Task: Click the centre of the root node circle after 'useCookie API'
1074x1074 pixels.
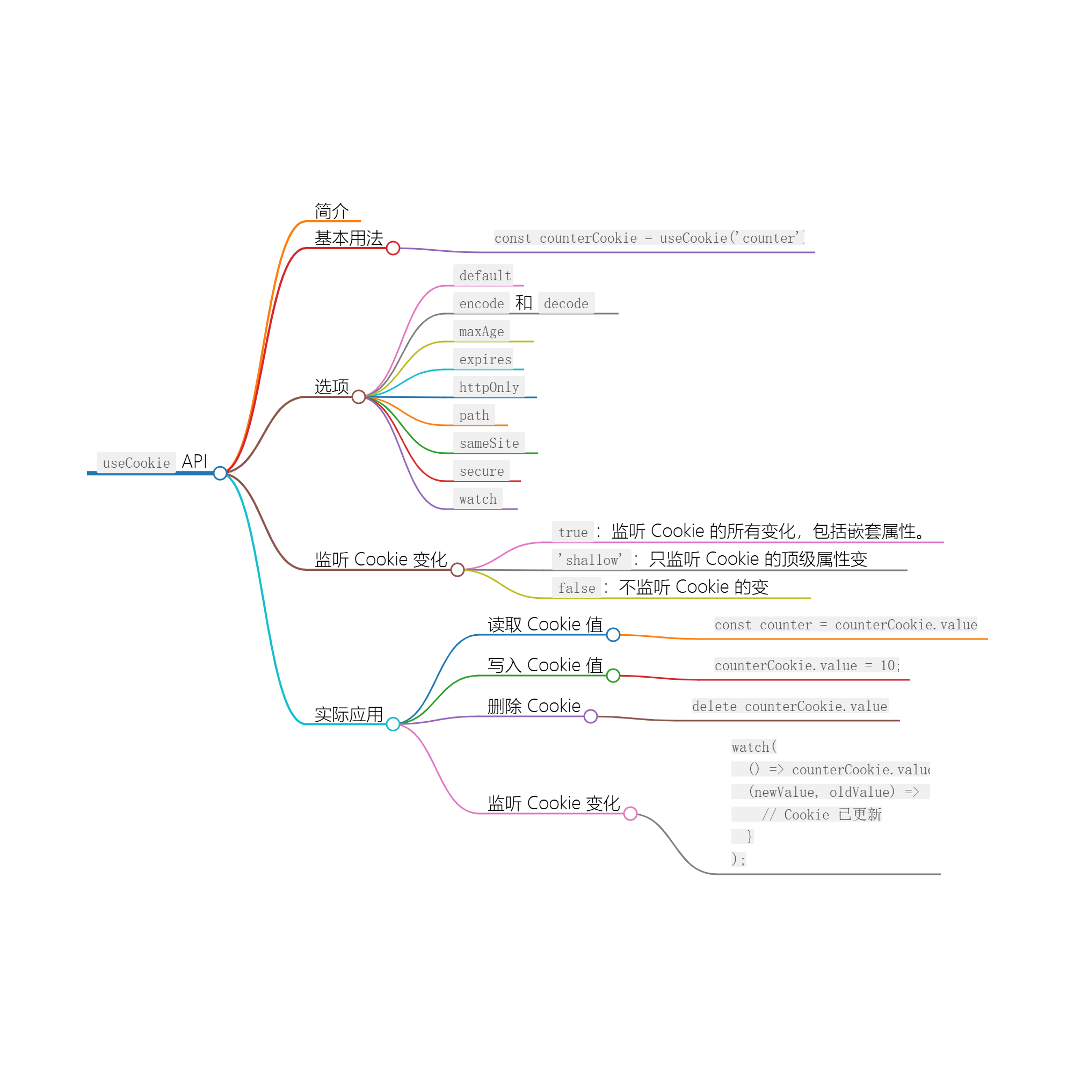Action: pyautogui.click(x=220, y=473)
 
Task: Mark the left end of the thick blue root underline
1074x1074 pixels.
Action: pyautogui.click(x=88, y=473)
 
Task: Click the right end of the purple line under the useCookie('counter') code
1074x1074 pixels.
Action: pyautogui.click(x=815, y=252)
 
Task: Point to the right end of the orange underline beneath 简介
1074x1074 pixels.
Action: pyautogui.click(x=360, y=221)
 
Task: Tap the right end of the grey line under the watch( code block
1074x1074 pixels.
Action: pyautogui.click(x=941, y=874)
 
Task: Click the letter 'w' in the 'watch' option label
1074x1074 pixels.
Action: pyautogui.click(x=463, y=500)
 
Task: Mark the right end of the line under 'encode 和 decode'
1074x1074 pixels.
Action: pyautogui.click(x=618, y=314)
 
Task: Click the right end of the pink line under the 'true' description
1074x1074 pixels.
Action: pyautogui.click(x=944, y=542)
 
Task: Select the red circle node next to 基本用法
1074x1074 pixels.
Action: pyautogui.click(x=393, y=248)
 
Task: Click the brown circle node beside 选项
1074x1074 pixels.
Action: pyautogui.click(x=359, y=397)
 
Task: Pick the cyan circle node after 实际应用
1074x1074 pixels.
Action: pyautogui.click(x=393, y=724)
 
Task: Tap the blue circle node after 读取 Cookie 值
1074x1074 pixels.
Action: pyautogui.click(x=613, y=634)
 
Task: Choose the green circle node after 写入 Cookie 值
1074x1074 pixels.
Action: pyautogui.click(x=613, y=676)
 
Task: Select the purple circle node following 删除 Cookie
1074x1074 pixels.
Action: pyautogui.click(x=591, y=716)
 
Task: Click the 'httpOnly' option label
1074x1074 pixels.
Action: pyautogui.click(x=489, y=388)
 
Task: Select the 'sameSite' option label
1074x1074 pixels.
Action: pyautogui.click(x=489, y=443)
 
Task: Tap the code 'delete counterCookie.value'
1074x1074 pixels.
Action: pyautogui.click(x=790, y=706)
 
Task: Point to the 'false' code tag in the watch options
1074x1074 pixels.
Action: pyautogui.click(x=576, y=588)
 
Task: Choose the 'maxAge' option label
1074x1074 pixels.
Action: pyautogui.click(x=481, y=331)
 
